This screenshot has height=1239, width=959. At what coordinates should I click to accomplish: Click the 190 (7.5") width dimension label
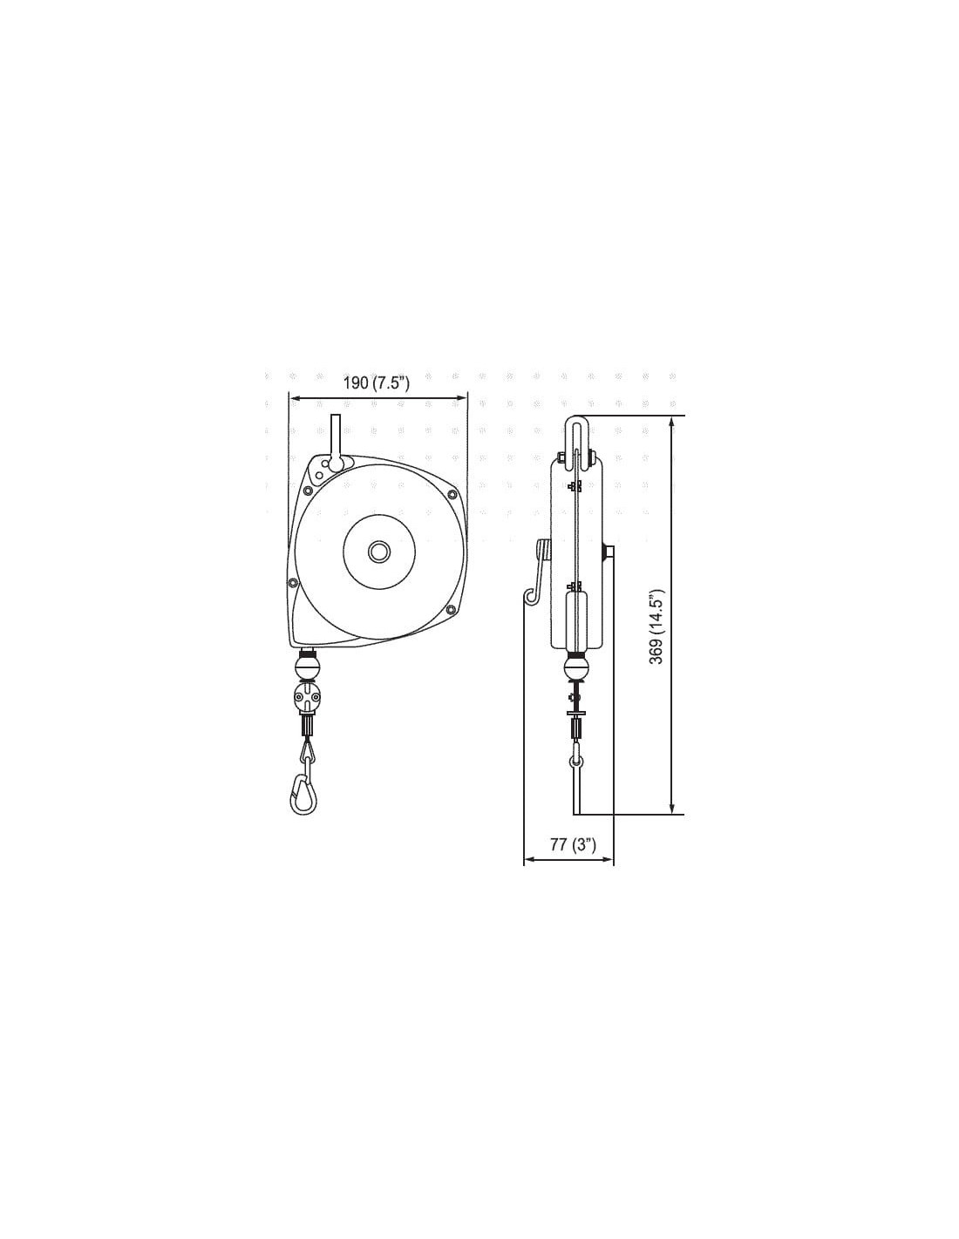point(376,383)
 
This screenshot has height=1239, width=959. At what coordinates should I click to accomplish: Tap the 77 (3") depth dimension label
point(573,844)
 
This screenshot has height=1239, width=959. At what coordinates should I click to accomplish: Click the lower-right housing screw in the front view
point(452,610)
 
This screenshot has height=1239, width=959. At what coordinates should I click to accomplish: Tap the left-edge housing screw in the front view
point(293,583)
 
